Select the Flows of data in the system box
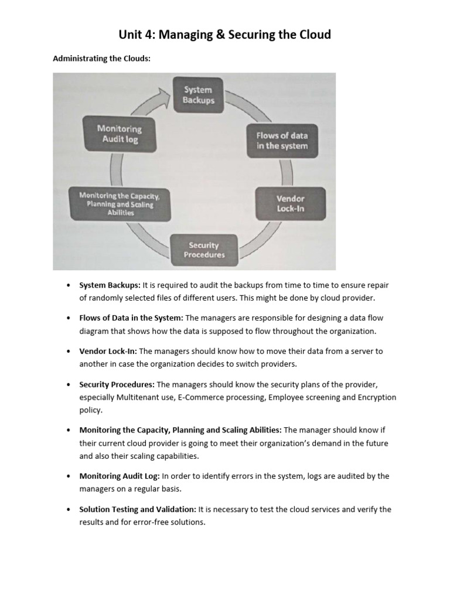click(282, 141)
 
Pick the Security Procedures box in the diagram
click(204, 250)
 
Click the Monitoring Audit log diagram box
click(120, 134)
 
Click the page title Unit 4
click(224, 35)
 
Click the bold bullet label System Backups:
click(110, 285)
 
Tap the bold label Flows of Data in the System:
click(131, 318)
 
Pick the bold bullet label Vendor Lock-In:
click(108, 352)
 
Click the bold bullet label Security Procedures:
click(117, 384)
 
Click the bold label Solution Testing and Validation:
click(138, 509)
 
